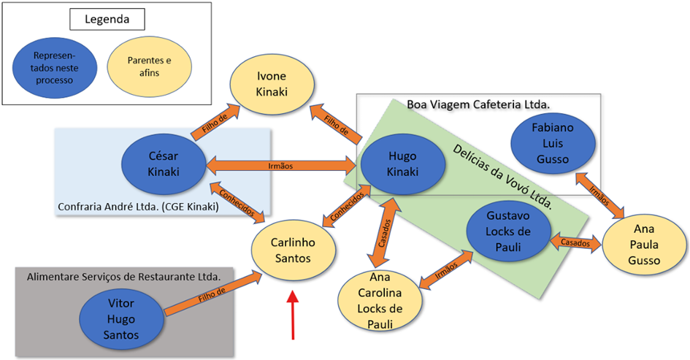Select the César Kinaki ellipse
(x=164, y=164)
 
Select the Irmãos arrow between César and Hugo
(x=280, y=166)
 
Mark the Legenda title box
(x=107, y=19)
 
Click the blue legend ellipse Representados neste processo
(x=54, y=67)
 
